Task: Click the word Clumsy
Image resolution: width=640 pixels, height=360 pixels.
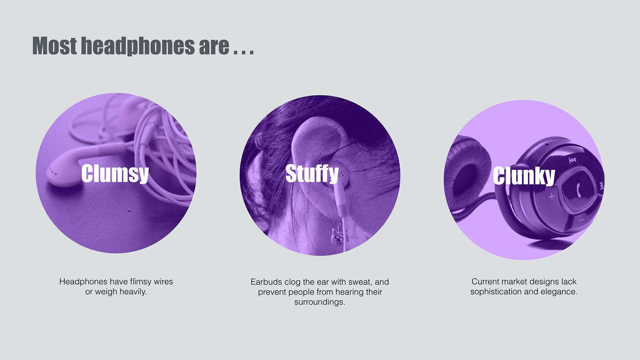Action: click(115, 174)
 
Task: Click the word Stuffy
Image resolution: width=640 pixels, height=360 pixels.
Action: click(312, 174)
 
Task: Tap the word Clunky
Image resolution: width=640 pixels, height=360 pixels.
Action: click(524, 176)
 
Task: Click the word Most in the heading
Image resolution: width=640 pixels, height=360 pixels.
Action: click(54, 46)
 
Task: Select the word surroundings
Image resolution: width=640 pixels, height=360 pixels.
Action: click(320, 302)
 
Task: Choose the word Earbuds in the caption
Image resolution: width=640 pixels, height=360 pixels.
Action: click(266, 282)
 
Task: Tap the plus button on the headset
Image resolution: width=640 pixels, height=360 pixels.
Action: click(551, 197)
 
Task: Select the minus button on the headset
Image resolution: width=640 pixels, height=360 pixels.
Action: click(581, 220)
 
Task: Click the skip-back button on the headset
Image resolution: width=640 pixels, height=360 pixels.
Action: click(572, 160)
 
